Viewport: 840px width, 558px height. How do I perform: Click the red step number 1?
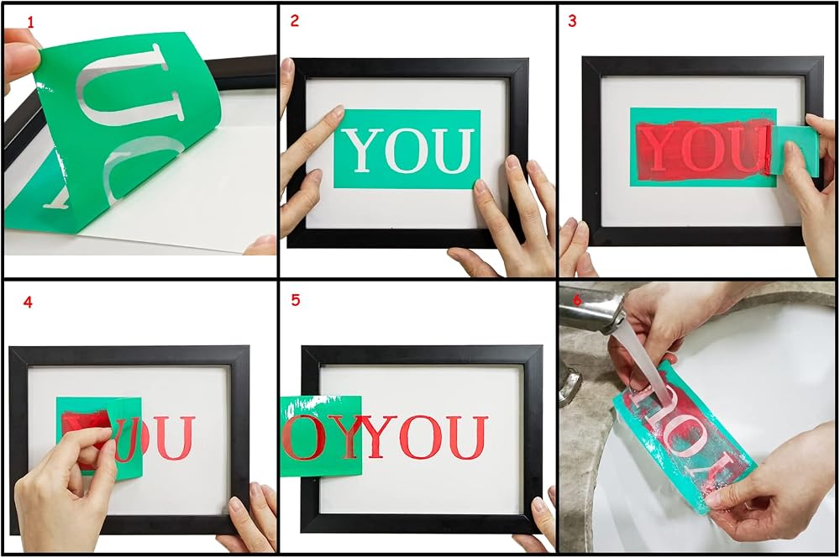pyautogui.click(x=30, y=23)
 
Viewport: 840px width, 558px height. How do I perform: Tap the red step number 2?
pyautogui.click(x=294, y=21)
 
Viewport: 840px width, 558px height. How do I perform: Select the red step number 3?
pyautogui.click(x=572, y=21)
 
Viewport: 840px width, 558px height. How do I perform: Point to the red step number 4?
pyautogui.click(x=28, y=303)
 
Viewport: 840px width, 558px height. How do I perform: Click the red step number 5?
pyautogui.click(x=295, y=300)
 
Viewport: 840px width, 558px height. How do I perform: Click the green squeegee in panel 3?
pyautogui.click(x=795, y=150)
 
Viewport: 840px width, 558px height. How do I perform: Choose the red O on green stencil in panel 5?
pyautogui.click(x=303, y=437)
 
